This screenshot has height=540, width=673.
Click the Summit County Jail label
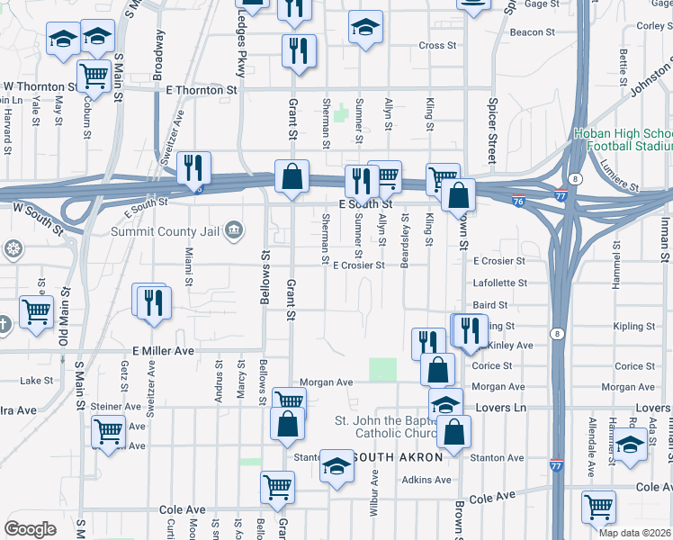pyautogui.click(x=165, y=231)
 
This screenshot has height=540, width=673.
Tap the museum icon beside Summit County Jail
pyautogui.click(x=234, y=230)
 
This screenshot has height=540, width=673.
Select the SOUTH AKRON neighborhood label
pyautogui.click(x=397, y=457)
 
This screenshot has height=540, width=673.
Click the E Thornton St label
pyautogui.click(x=202, y=90)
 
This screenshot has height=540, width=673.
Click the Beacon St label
pyautogui.click(x=533, y=31)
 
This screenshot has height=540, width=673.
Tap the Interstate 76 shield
pyautogui.click(x=518, y=200)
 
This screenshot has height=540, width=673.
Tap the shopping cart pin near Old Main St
pyautogui.click(x=36, y=312)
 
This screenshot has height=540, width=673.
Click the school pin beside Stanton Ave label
pyautogui.click(x=337, y=465)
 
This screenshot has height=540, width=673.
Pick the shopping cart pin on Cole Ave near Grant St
pyautogui.click(x=277, y=487)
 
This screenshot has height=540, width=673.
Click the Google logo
pyautogui.click(x=30, y=529)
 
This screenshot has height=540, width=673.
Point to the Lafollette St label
pyautogui.click(x=499, y=283)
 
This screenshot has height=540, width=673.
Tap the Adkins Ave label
pyautogui.click(x=426, y=480)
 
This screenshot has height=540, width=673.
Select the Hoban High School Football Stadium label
pyautogui.click(x=624, y=139)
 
